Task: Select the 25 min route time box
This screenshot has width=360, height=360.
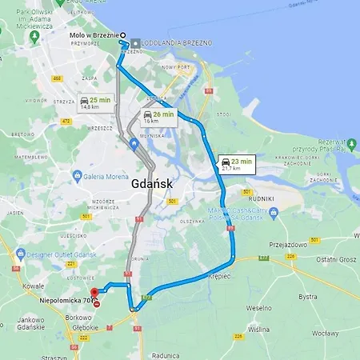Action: click(x=95, y=102)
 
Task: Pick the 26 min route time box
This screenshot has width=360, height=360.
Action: click(x=158, y=117)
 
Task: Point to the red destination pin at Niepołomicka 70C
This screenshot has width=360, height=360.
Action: click(x=94, y=293)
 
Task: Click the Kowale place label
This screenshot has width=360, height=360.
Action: click(x=34, y=285)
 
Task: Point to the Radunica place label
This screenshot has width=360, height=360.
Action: click(x=164, y=355)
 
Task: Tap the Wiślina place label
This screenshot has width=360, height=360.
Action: click(x=258, y=329)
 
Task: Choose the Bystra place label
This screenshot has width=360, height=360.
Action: click(x=308, y=296)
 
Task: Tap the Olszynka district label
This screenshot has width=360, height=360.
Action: click(x=193, y=221)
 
